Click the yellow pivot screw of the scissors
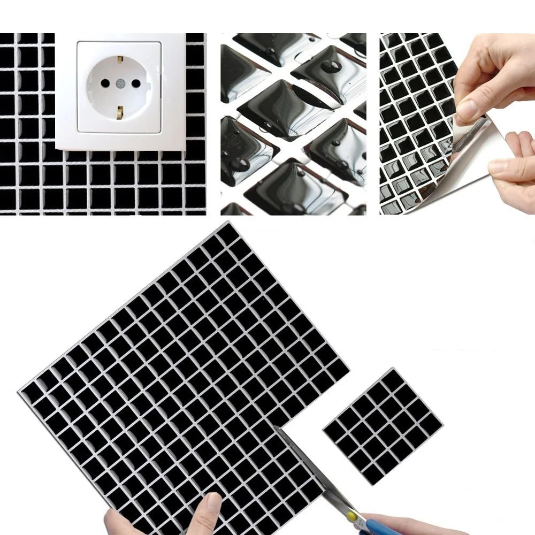(351, 515)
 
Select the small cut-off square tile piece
(383, 425)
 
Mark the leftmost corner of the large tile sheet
(19, 392)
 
